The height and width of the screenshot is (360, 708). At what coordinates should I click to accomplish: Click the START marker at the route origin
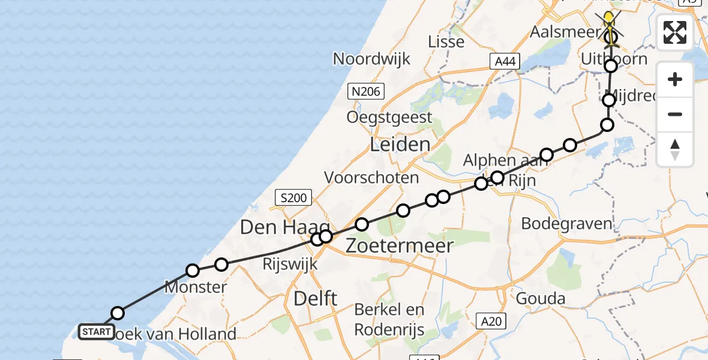point(96,331)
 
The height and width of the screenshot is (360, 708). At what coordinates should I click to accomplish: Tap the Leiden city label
point(400,145)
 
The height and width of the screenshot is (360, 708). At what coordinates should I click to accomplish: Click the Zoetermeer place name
point(399,245)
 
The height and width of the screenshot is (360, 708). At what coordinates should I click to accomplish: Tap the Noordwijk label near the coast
point(371,59)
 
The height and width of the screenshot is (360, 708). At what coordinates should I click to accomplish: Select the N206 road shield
point(365,91)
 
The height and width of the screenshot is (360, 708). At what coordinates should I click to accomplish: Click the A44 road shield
point(503,61)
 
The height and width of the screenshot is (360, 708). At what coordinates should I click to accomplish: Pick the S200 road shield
point(293,197)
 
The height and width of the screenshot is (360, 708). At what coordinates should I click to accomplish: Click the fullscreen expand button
point(675,32)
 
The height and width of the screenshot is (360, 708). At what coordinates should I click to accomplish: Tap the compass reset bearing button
point(675,149)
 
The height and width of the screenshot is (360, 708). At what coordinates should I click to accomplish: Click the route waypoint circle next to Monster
point(193,271)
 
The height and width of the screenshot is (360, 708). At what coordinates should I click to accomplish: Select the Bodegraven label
point(566,224)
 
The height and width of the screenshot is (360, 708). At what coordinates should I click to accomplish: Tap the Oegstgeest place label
point(389,117)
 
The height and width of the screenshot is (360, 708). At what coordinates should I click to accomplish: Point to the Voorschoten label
point(371,177)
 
